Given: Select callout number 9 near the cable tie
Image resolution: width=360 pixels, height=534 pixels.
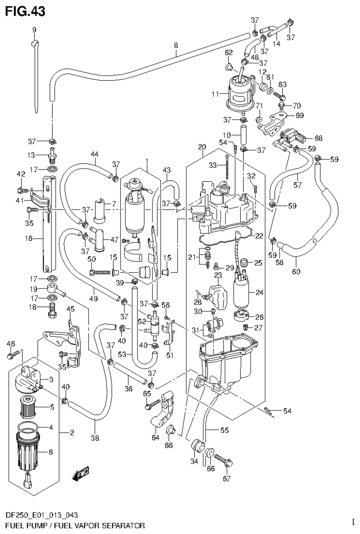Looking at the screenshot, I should tap(34, 30).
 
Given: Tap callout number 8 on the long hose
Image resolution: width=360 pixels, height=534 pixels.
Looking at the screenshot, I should tap(176, 46).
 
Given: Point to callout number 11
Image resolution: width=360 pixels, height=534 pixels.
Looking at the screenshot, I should tap(215, 94).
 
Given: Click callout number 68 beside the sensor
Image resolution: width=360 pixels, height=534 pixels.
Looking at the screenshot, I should tap(319, 138).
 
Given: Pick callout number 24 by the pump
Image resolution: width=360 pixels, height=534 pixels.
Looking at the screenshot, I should tap(258, 292).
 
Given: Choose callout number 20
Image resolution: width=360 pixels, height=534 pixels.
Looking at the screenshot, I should tap(202, 147).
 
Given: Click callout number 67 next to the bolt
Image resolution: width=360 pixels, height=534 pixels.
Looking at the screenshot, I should tap(227, 479).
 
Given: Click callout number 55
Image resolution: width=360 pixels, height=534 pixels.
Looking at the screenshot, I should tap(224, 429).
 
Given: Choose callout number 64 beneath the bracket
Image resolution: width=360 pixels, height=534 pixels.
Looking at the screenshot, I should tap(155, 438).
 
